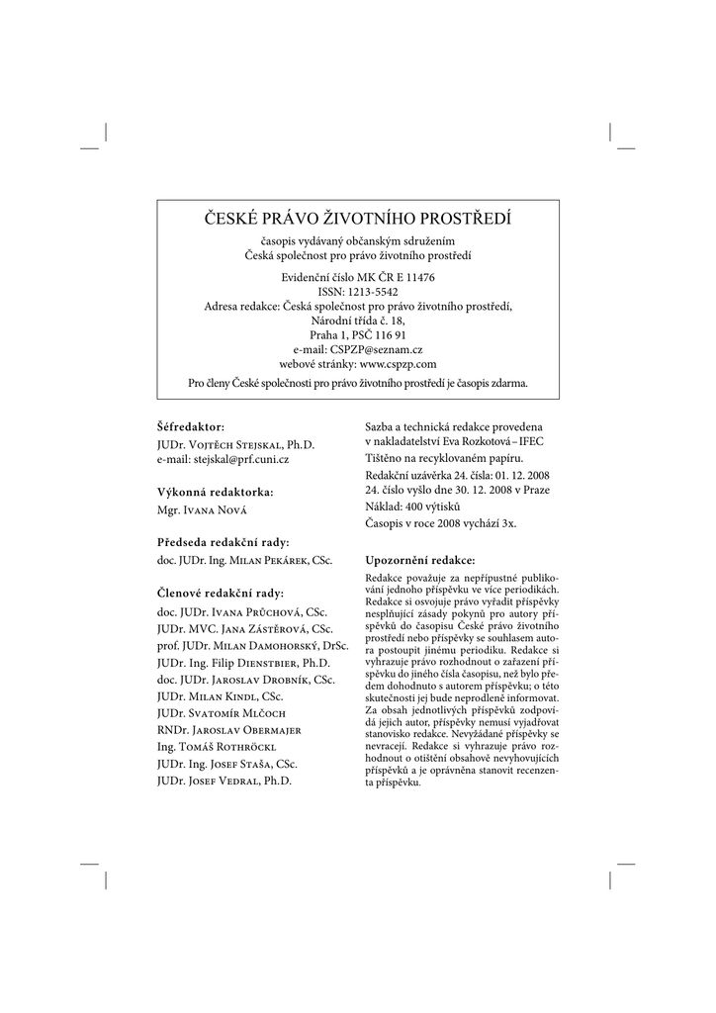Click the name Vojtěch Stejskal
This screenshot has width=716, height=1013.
(234, 446)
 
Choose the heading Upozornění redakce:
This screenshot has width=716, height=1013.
(420, 559)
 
